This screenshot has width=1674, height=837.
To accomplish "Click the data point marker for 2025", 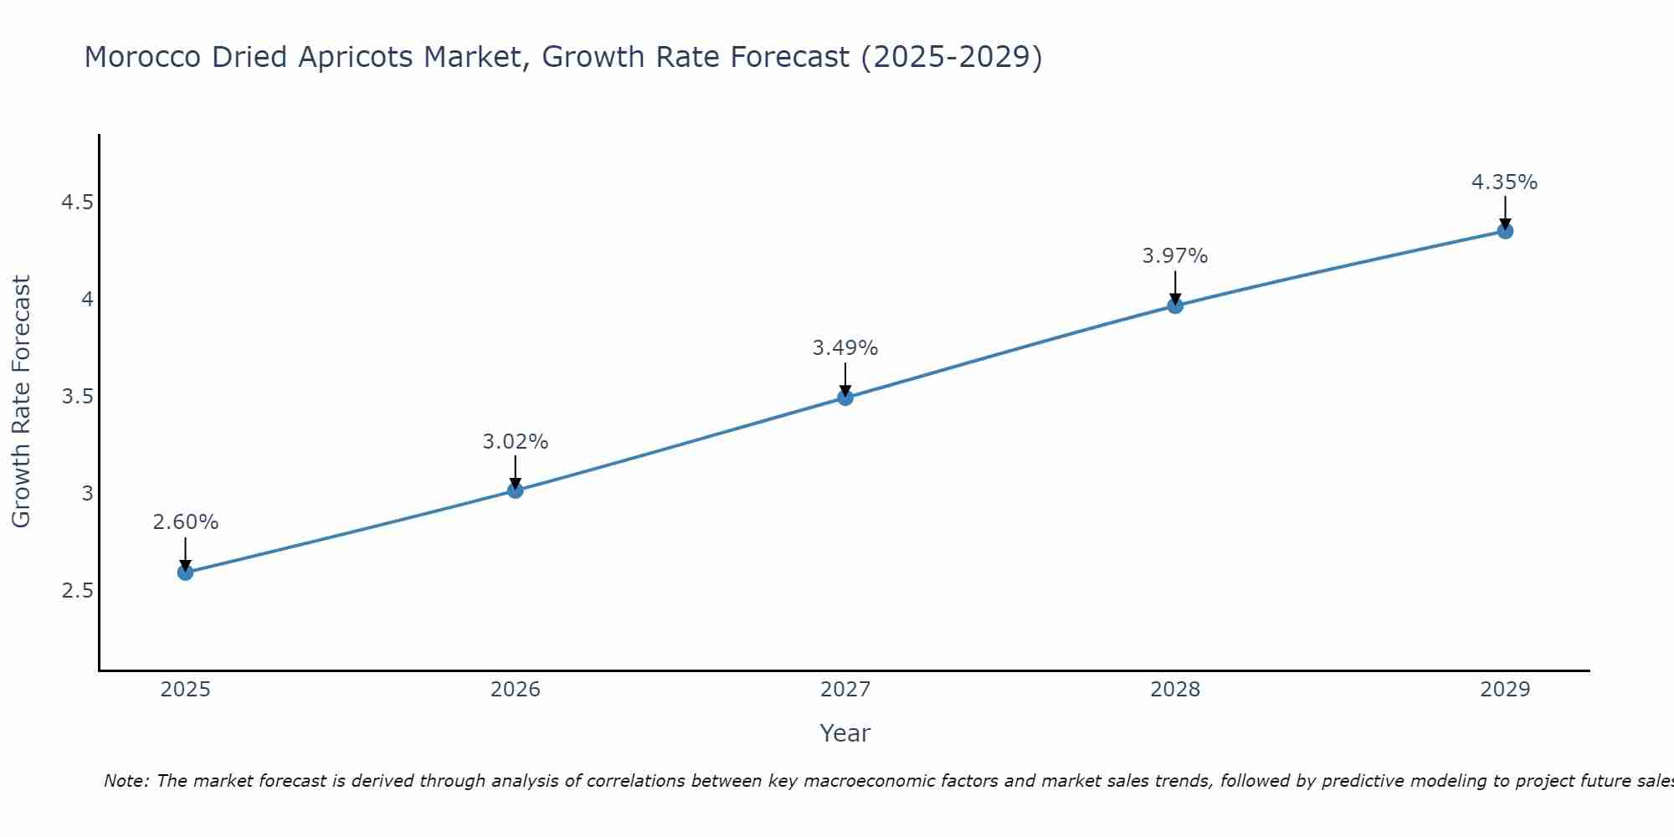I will click(x=185, y=573).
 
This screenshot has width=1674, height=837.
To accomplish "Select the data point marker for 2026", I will click(x=515, y=490).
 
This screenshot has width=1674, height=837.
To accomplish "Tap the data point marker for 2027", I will click(x=845, y=398).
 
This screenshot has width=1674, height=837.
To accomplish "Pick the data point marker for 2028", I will click(x=1175, y=306).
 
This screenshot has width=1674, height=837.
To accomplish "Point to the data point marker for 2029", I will click(x=1505, y=231).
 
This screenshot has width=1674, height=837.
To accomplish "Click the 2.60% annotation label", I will click(x=185, y=522).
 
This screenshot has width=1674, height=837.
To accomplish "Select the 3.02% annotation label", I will click(x=515, y=442).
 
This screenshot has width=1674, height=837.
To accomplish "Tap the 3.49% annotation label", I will click(x=845, y=348).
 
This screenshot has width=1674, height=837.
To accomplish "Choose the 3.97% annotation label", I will click(x=1175, y=256).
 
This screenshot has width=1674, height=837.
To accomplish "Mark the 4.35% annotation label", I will click(x=1504, y=182).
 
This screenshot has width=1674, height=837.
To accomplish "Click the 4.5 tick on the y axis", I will click(x=77, y=203).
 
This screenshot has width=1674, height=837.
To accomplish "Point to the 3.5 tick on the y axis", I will click(x=77, y=397).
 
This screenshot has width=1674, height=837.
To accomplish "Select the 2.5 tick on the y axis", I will click(x=77, y=591).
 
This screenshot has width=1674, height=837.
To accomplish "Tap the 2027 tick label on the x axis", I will click(x=845, y=690).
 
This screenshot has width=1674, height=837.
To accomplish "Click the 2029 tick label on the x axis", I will click(x=1505, y=690).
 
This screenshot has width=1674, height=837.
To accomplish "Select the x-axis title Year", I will click(x=845, y=733).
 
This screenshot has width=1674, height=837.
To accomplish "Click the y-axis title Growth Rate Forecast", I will click(x=21, y=402).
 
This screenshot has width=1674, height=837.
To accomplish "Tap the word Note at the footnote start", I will click(x=126, y=781).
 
